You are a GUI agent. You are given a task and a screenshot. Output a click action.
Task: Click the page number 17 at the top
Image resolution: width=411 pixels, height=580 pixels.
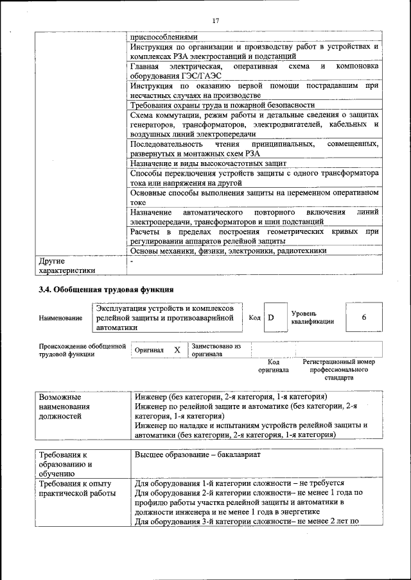215,22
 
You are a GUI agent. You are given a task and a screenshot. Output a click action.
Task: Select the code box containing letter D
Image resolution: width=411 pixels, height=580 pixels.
272,318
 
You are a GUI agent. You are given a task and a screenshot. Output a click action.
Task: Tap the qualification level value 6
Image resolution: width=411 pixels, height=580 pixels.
364,318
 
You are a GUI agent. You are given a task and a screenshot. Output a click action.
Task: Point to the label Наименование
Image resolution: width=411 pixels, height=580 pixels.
60,318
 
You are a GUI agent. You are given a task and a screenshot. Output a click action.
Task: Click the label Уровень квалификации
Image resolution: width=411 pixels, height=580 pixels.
312,317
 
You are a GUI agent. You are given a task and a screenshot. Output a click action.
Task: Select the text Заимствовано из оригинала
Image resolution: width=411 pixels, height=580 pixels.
216,350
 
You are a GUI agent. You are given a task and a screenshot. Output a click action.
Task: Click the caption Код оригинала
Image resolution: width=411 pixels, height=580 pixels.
274,366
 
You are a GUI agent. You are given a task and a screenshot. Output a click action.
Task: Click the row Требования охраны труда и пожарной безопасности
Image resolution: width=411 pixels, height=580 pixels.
222,104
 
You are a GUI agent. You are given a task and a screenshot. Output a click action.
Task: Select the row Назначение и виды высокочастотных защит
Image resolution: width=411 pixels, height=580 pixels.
208,164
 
